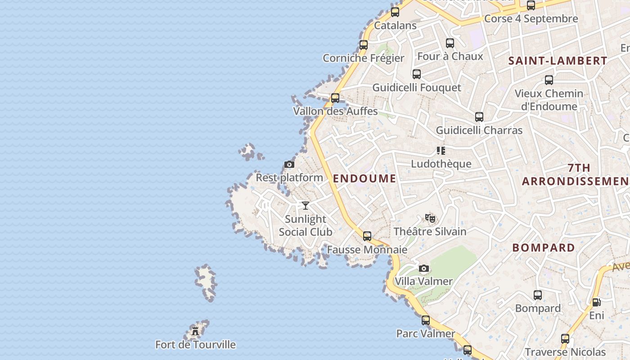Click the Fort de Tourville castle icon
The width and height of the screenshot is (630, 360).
coord(195,331)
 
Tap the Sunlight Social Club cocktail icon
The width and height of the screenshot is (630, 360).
coord(306,206)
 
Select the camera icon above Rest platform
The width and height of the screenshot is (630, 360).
coord(289,165)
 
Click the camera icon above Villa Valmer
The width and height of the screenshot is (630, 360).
coord(423,269)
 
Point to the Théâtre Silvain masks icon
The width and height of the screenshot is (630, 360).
coord(430,218)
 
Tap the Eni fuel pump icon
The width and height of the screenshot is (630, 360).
coord(596,302)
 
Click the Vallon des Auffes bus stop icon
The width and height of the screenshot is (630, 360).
coord(335,98)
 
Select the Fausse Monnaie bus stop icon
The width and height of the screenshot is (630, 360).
coord(367,236)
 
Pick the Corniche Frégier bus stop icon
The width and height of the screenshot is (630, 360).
coord(364,45)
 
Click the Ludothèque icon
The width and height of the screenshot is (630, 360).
coord(441,151)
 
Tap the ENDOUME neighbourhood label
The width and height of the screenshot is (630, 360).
coord(364,179)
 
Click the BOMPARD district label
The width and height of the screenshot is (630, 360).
coord(544,248)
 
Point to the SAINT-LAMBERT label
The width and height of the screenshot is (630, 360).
coord(558,61)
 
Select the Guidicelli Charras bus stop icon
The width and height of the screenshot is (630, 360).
coord(479,117)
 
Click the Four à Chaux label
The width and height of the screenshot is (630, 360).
coord(450,56)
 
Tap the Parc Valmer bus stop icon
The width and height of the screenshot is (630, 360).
coord(426,320)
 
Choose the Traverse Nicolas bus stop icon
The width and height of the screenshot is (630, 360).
coord(565,339)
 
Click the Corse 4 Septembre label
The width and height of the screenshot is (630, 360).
coord(531,19)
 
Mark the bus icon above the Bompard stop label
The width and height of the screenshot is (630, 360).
coord(538,295)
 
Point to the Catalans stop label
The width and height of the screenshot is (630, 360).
coord(395,26)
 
